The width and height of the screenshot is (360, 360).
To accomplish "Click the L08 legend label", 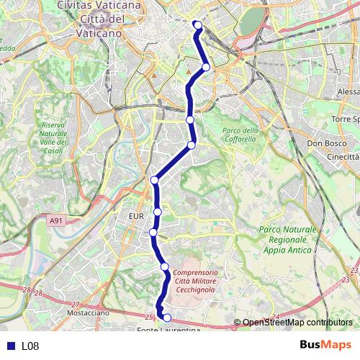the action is click(x=30, y=346).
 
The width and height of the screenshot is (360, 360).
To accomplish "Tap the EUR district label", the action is click(x=137, y=215).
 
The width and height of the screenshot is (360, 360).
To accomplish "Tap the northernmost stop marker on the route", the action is click(x=197, y=25).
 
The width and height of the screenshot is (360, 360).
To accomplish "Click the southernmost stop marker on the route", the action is click(x=167, y=318).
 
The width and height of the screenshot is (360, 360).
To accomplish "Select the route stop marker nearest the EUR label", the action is click(x=158, y=212).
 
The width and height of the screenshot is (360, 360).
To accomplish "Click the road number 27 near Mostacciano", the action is click(x=76, y=305).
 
